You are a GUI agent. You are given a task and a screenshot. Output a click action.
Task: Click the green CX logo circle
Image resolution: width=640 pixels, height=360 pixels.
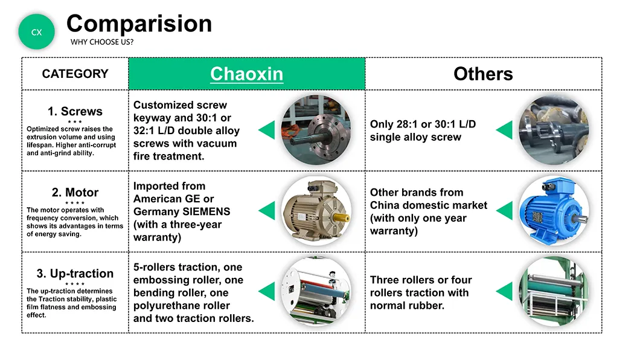pos(37,32)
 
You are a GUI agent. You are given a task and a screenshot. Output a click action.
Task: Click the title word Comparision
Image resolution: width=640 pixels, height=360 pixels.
pos(139,24)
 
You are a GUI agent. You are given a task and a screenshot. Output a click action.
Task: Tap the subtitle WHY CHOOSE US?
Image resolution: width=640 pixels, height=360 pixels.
pos(102,42)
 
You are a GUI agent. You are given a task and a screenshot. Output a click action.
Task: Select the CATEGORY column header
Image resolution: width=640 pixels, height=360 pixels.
pos(75,74)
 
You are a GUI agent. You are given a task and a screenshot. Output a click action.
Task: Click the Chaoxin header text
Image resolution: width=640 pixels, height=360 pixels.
pos(246,74)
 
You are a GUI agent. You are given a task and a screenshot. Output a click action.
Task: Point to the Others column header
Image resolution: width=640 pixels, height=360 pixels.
pos(483,74)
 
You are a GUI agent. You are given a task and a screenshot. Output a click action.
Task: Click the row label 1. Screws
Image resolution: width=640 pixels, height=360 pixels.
pos(75,111)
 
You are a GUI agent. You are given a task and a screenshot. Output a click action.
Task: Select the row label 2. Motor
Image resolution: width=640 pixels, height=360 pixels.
pos(75,192)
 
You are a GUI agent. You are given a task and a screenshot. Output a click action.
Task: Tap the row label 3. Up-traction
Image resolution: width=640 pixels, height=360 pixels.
pos(75,274)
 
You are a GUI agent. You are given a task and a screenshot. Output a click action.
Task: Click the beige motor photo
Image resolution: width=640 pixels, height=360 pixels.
pos(316,211)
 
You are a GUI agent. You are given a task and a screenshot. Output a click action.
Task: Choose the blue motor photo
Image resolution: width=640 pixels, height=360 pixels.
pos(554,211)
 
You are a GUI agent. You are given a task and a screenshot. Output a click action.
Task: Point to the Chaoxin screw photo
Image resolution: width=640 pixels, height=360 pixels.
pos(316,130)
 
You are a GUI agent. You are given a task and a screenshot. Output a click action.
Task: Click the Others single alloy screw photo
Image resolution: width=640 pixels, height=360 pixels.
pos(554,130)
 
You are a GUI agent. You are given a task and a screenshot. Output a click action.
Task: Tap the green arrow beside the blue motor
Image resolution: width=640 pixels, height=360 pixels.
pos(505,211)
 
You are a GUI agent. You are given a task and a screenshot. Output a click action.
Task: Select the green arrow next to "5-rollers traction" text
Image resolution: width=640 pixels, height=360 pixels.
pos(267,291)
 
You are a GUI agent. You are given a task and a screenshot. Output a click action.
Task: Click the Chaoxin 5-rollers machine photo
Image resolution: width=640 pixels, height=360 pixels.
pos(316,291)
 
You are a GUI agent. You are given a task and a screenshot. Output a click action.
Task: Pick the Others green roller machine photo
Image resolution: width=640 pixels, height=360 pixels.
pos(554,291)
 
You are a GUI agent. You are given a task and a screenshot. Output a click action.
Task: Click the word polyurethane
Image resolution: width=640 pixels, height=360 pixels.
pos(182,306)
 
